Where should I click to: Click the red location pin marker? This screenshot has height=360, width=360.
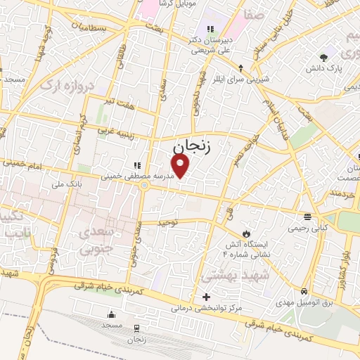tap(181, 166)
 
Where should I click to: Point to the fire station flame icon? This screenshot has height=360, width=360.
tap(245, 233)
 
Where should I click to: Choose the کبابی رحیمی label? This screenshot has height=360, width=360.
tap(306, 229)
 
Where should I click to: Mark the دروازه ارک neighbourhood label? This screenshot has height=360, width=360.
tap(47, 85)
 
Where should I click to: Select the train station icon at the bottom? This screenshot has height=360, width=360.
tap(136, 328)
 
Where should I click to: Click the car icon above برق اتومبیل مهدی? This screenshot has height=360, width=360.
tap(303, 291)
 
